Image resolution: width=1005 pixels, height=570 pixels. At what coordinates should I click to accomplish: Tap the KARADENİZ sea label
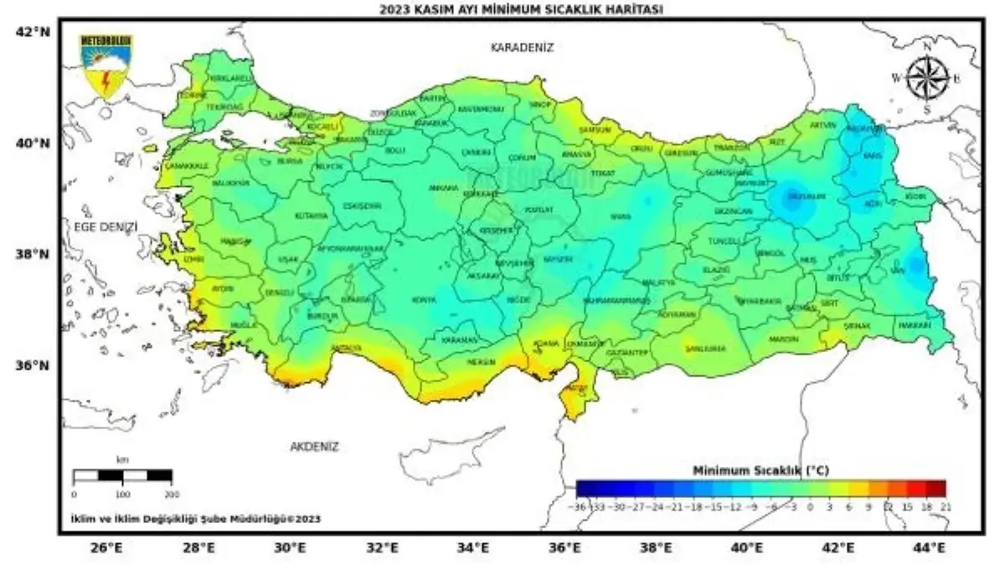523,48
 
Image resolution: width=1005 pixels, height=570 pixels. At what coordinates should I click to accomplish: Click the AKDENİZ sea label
314,447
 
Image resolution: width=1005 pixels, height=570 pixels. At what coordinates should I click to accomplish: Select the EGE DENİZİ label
105,226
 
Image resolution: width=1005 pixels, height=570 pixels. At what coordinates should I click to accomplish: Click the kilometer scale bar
122,475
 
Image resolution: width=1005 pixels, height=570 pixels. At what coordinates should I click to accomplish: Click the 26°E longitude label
106,548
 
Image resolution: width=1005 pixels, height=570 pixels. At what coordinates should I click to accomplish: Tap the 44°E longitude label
930,548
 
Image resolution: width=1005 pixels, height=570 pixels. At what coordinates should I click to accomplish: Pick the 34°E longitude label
472,548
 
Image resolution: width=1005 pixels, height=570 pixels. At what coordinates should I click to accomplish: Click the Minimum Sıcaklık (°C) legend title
760,471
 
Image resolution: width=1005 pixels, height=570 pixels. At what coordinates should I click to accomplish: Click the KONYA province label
423,299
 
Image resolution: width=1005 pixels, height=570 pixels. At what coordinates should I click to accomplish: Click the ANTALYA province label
346,347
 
